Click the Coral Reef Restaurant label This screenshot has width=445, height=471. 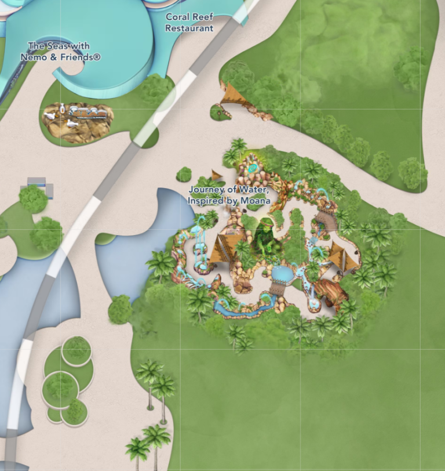click(189, 22)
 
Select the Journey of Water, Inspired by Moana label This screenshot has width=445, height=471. click(229, 195)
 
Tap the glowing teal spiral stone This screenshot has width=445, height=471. click(252, 168)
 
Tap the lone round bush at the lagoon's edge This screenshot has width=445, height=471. click(120, 309)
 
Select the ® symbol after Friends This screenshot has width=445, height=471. click(97, 57)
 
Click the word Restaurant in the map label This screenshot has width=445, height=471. click(189, 28)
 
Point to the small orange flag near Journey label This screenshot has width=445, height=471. click(217, 174)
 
